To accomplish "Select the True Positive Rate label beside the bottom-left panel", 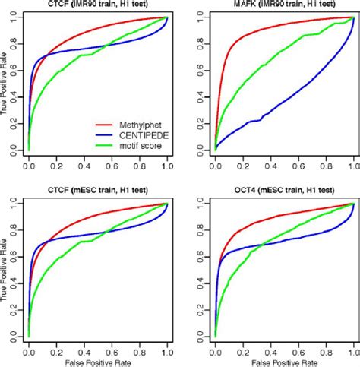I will [x=5, y=269].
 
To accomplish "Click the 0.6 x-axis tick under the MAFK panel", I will [x=298, y=164].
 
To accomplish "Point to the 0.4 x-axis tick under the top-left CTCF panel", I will [x=84, y=164].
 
